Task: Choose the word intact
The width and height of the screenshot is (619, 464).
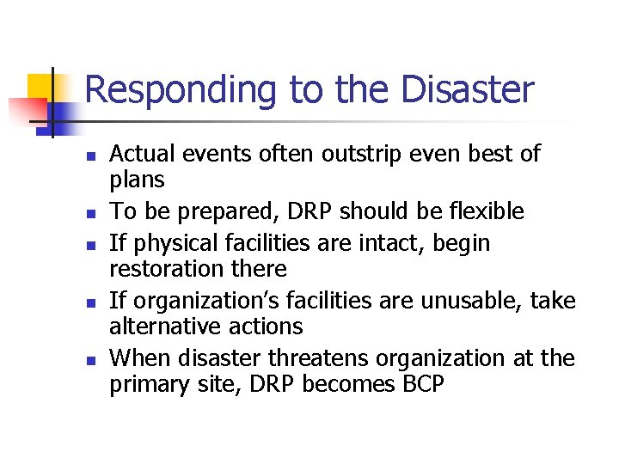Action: coord(393,243)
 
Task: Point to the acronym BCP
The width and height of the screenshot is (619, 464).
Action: coord(423,383)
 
